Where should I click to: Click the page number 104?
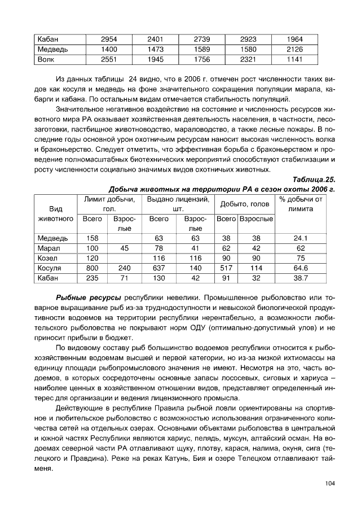click(x=330, y=483)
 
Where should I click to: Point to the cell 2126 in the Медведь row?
click(x=294, y=49)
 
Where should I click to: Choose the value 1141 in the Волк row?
click(x=294, y=59)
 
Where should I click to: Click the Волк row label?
click(x=46, y=59)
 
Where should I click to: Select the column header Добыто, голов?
click(x=244, y=204)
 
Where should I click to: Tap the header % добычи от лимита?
click(x=301, y=204)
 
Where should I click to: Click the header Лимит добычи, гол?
click(x=109, y=204)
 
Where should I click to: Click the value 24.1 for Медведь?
click(x=301, y=238)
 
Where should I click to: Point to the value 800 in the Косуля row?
click(x=93, y=268)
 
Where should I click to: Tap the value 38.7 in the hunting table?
click(x=301, y=278)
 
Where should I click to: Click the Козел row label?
click(x=48, y=258)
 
